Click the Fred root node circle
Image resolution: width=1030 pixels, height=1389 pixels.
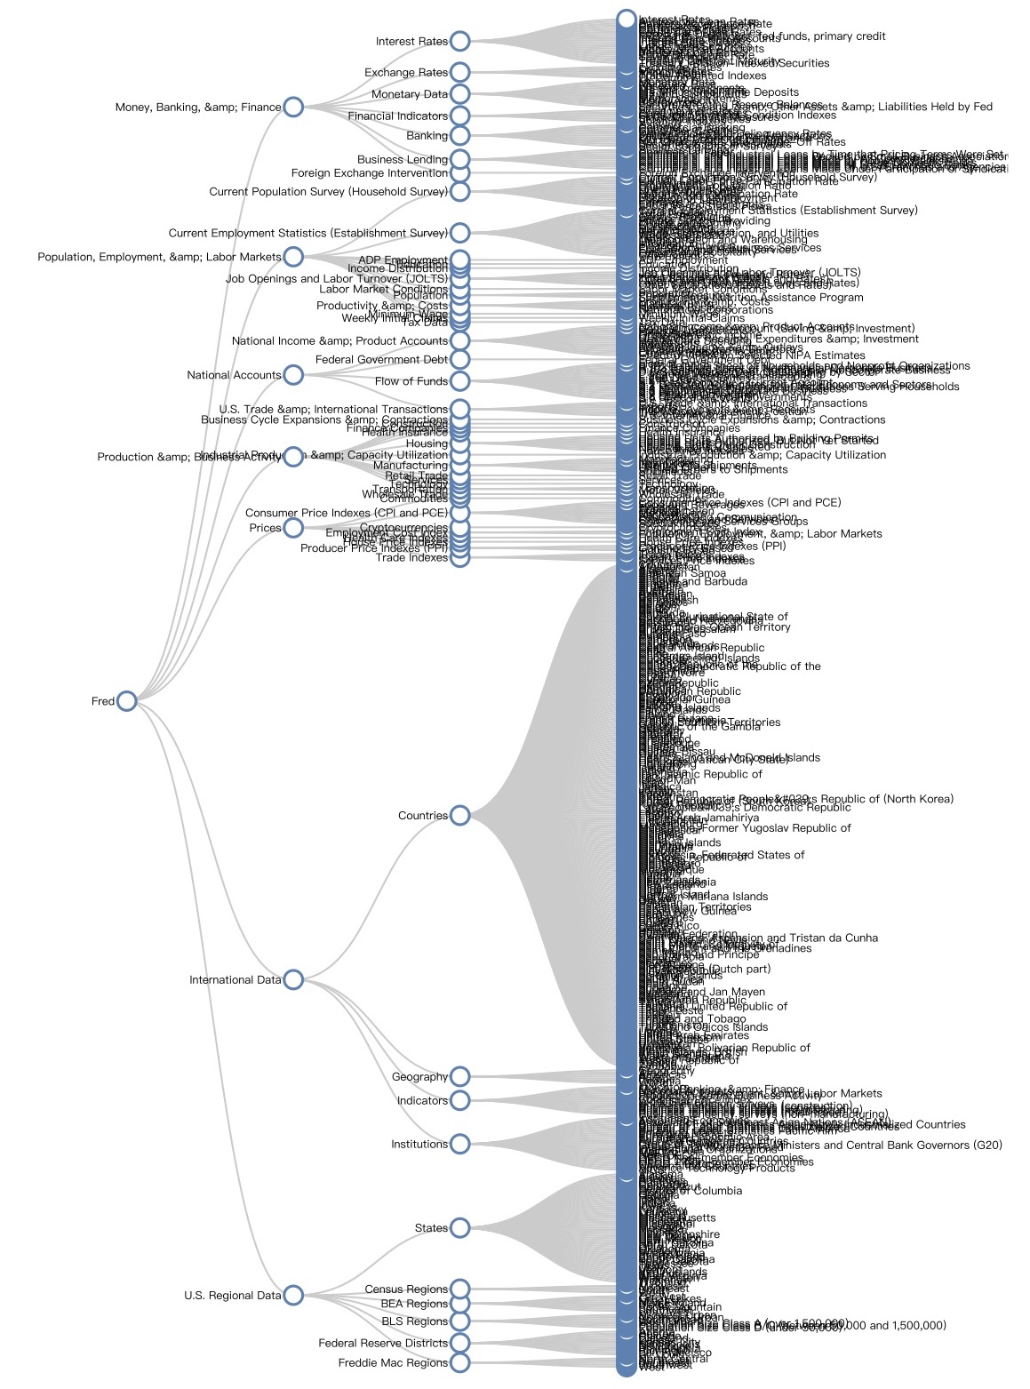coord(126,701)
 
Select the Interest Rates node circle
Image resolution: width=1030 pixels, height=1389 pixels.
coord(459,41)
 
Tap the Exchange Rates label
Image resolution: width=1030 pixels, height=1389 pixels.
coord(405,72)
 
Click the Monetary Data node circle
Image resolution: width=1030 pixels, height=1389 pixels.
coord(459,94)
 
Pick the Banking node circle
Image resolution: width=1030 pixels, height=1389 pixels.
coord(459,135)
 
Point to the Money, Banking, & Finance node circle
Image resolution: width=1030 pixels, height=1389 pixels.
coord(293,107)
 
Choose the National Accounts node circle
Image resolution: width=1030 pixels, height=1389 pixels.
coord(293,375)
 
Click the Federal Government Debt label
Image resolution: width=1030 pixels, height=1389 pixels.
coord(381,360)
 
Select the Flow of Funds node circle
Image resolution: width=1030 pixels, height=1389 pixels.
coord(459,381)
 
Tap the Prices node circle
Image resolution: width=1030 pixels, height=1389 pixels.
coord(293,528)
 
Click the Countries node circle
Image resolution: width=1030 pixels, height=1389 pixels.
coord(459,815)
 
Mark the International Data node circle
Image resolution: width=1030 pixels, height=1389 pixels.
coord(293,979)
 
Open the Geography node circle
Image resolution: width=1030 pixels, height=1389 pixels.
coord(459,1076)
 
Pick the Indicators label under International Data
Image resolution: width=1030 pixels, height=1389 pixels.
coord(422,1100)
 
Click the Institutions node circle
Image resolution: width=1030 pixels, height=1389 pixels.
coord(459,1144)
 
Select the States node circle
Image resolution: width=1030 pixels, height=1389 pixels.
coord(459,1228)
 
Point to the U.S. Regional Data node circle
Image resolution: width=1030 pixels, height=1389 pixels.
coord(293,1295)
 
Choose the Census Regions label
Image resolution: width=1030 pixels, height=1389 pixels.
coord(406,1289)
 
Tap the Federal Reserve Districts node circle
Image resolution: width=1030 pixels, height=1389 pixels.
coord(459,1343)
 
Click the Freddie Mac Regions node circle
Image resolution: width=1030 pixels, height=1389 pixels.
coord(459,1362)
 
